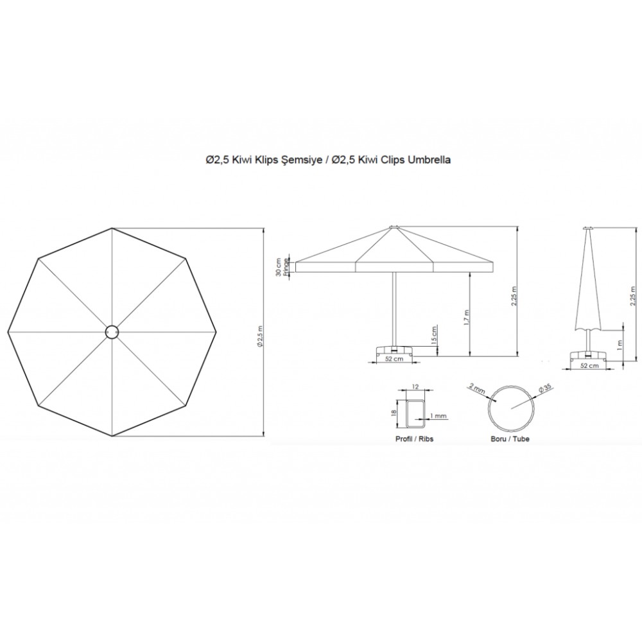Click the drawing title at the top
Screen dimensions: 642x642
pos(328,160)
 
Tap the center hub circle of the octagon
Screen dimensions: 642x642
pos(112,332)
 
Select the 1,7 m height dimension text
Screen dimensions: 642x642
pos(466,317)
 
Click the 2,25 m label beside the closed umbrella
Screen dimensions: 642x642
pos(633,294)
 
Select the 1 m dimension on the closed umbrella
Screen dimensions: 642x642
pos(620,345)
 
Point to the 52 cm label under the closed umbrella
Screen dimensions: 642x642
pos(589,365)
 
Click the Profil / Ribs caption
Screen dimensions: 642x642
pos(414,438)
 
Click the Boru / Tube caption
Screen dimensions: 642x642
pos(510,438)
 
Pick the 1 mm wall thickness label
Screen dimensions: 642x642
pos(438,416)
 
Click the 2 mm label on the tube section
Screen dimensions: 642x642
pos(478,388)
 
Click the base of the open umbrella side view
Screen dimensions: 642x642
pos(394,350)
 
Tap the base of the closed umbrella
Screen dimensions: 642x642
pos(589,355)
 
